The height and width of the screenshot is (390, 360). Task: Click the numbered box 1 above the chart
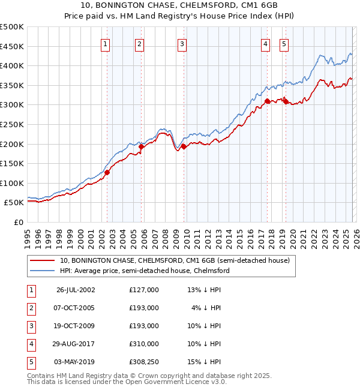(105, 43)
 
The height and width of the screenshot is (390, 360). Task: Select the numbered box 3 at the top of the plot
(182, 43)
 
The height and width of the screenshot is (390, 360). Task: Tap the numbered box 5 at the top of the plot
(283, 43)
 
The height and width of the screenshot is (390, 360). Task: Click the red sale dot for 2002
(107, 172)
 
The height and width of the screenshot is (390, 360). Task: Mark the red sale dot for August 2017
(267, 101)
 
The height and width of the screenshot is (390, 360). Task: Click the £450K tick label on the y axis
(12, 46)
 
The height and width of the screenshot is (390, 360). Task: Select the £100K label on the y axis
(12, 183)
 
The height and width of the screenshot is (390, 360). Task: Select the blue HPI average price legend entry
(145, 271)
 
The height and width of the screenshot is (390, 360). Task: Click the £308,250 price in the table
(144, 362)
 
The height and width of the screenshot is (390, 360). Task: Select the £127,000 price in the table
(144, 290)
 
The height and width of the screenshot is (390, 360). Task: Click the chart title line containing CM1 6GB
(180, 5)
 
